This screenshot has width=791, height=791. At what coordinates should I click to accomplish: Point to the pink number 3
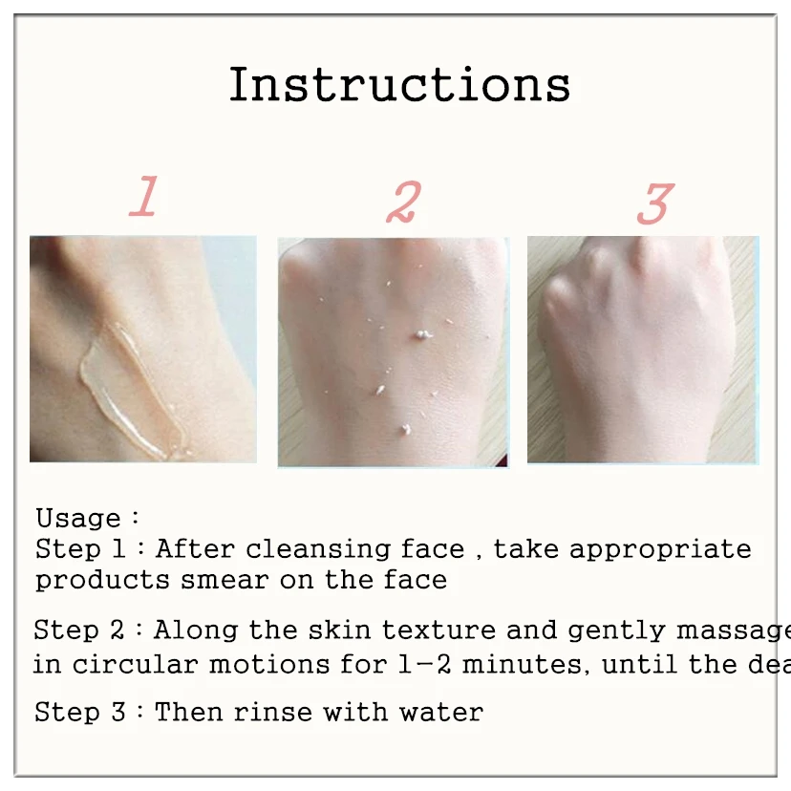(655, 203)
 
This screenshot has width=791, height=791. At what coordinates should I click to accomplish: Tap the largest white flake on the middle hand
(420, 334)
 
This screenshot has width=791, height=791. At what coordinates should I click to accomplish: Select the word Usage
(78, 519)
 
